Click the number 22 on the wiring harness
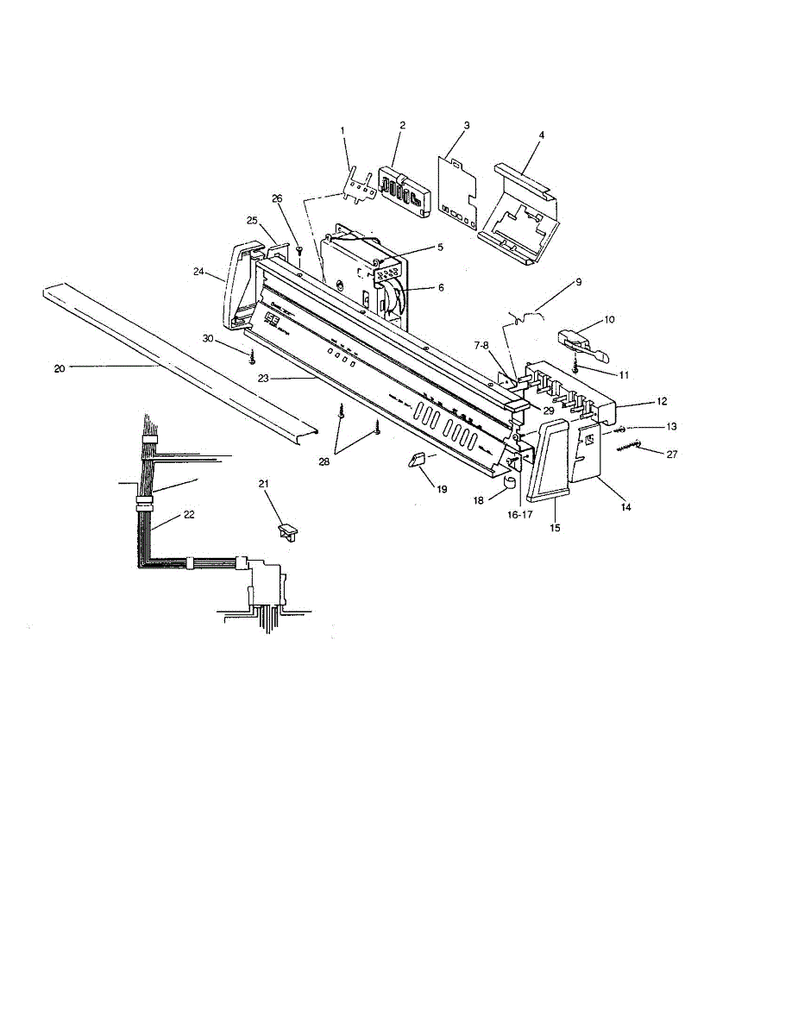188,514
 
